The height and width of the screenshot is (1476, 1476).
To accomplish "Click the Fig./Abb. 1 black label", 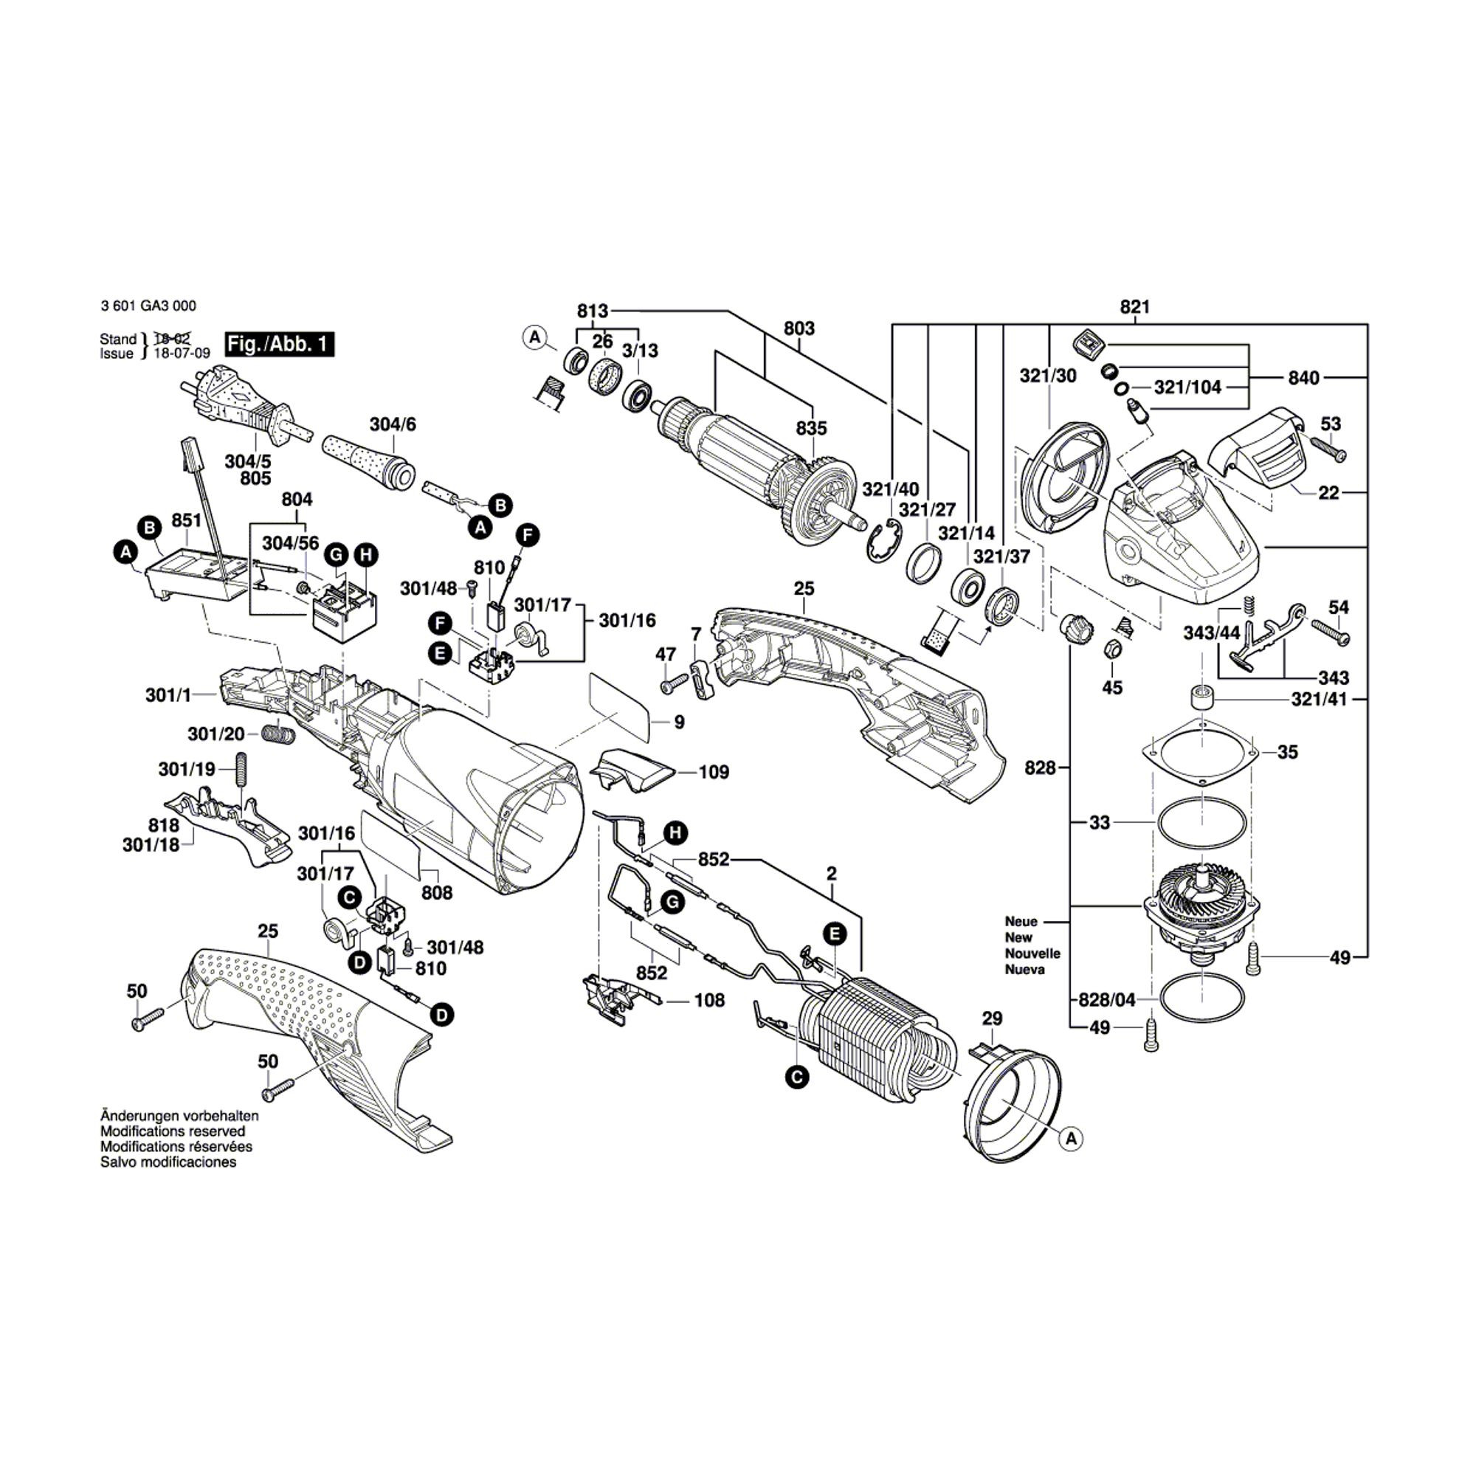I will click(x=280, y=344).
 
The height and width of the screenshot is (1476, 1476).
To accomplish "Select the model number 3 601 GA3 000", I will click(x=148, y=306).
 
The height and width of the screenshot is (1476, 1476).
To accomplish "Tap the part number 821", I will click(x=1134, y=307).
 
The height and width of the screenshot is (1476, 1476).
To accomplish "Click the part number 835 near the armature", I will click(x=810, y=428).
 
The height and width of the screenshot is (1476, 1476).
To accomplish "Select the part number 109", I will click(x=714, y=773).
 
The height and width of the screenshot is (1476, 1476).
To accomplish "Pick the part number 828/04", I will click(x=1106, y=999).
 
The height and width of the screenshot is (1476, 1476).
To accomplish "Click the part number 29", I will click(x=992, y=1018).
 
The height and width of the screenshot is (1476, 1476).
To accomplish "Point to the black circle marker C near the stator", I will click(x=797, y=1077).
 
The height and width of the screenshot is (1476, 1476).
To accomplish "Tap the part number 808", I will click(x=436, y=892).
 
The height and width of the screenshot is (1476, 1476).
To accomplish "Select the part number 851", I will click(x=187, y=520).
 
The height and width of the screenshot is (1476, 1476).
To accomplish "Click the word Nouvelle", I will click(x=1032, y=953).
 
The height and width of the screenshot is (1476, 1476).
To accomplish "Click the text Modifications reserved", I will click(x=173, y=1131).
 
